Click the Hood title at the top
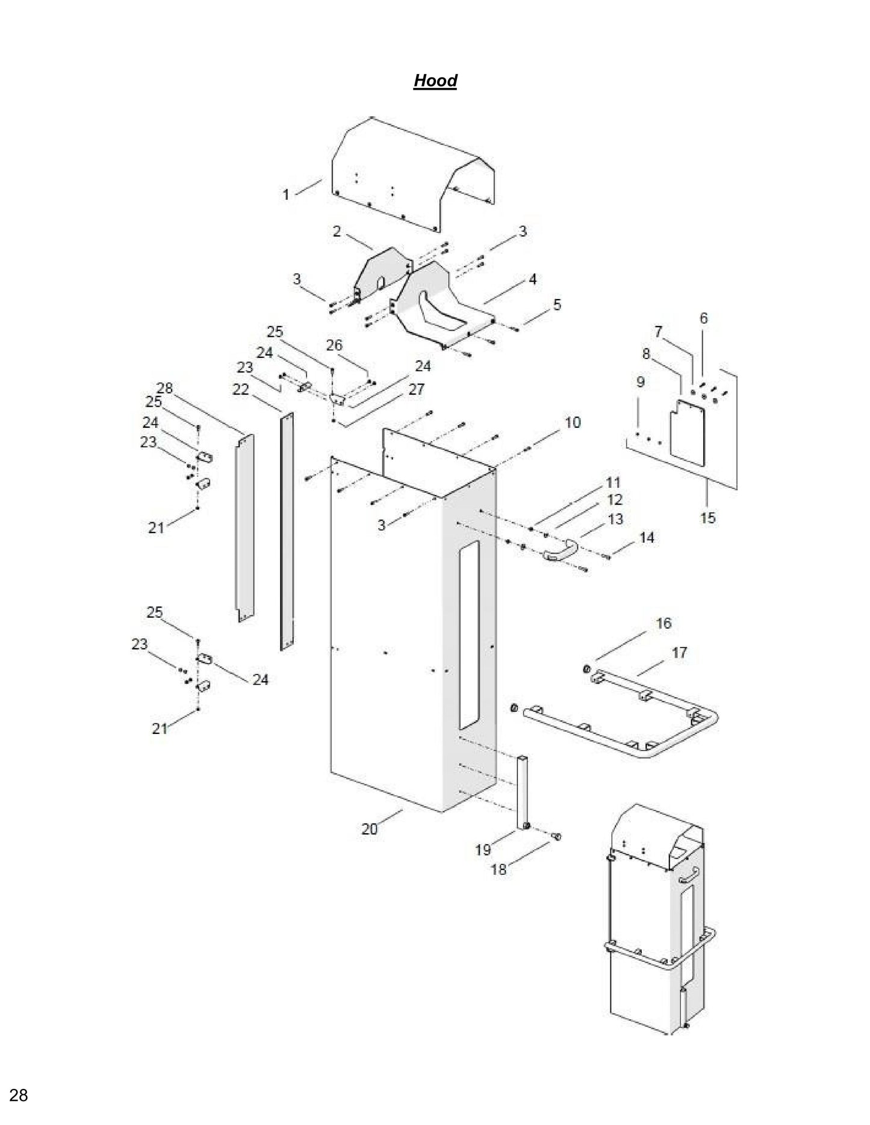point(435,81)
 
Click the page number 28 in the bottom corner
point(19,1095)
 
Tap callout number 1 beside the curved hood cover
point(286,194)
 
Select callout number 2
point(337,231)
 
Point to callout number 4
point(532,279)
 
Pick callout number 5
point(557,304)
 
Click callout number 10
point(572,422)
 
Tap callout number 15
point(707,517)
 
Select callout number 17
point(679,652)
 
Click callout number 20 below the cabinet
point(369,829)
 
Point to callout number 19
point(483,849)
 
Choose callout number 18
point(499,869)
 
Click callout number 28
point(164,389)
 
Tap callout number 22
point(240,390)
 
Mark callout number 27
point(416,389)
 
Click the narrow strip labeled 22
point(287,529)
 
